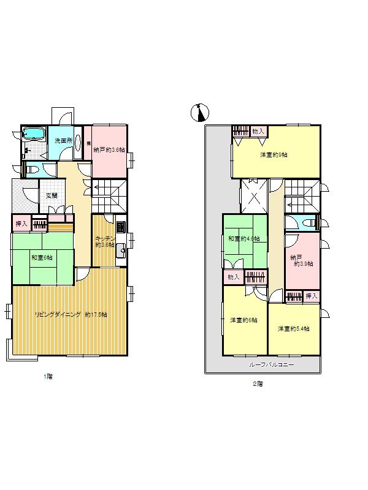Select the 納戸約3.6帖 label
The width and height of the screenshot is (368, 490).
[109, 149]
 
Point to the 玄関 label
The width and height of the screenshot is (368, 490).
[52, 196]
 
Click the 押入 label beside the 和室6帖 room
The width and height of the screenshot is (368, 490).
[21, 224]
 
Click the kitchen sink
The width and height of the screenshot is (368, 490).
[121, 249]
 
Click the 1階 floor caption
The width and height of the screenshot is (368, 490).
[47, 377]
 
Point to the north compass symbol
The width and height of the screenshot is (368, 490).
[201, 112]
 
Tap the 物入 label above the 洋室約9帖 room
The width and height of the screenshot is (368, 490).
[258, 131]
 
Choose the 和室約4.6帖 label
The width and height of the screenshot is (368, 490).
[243, 238]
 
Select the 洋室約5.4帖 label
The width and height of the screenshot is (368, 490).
[293, 329]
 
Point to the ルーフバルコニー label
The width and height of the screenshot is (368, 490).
[271, 365]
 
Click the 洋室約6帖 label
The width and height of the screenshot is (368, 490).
[243, 320]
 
